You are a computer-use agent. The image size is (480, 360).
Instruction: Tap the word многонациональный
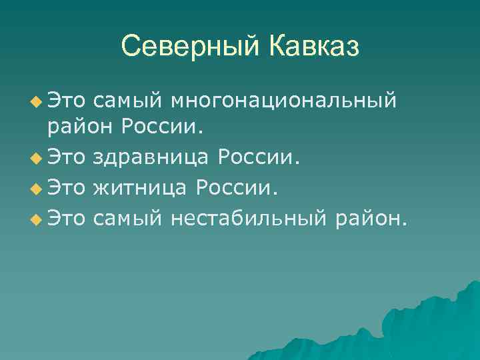coord(283,101)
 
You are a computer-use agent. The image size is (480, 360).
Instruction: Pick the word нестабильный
coord(249,217)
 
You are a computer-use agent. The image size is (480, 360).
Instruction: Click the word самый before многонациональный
coord(129,101)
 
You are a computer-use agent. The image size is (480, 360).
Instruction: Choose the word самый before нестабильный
coord(129,217)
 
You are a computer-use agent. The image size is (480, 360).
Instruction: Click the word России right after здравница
coord(259,159)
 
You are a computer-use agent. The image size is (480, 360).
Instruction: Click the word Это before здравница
coord(67,159)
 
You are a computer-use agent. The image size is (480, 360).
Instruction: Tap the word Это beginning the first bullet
coord(67,101)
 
